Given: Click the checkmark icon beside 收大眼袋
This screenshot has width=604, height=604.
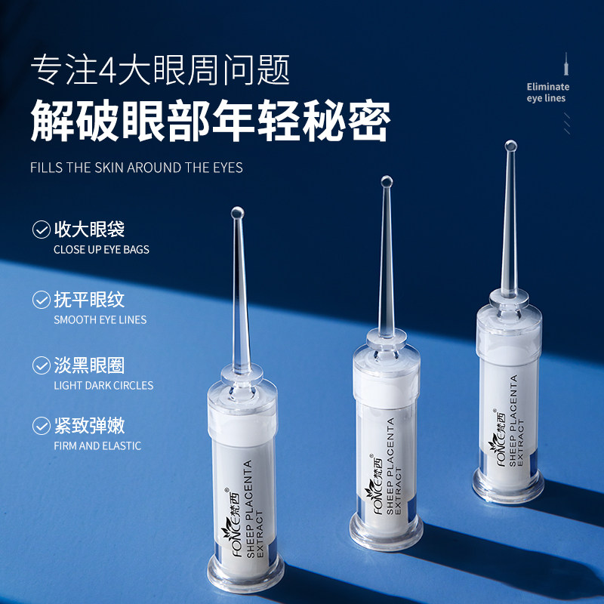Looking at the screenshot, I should pos(41,229).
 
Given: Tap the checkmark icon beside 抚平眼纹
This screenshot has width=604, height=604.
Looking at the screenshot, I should pos(41,300).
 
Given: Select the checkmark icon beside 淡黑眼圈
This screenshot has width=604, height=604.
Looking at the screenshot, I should pos(41,366).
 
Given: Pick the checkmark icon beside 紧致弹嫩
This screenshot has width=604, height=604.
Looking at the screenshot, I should pos(41,425).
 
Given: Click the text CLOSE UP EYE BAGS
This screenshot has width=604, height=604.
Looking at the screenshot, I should pos(101,249).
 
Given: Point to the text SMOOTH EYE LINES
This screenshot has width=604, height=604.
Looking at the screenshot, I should pos(100,319).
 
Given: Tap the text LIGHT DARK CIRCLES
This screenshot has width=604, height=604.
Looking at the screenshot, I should pos(103,385).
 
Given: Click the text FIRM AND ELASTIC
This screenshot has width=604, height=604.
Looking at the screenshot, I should pos(97,445).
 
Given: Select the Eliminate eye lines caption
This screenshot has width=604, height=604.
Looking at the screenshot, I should pos(547,92).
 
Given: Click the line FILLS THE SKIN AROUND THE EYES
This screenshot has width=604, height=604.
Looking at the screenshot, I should pos(137,167).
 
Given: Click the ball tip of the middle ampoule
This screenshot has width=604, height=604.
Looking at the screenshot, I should pos(387,181).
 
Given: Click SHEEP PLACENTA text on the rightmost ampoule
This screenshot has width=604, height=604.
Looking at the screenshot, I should pos(513,421).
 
